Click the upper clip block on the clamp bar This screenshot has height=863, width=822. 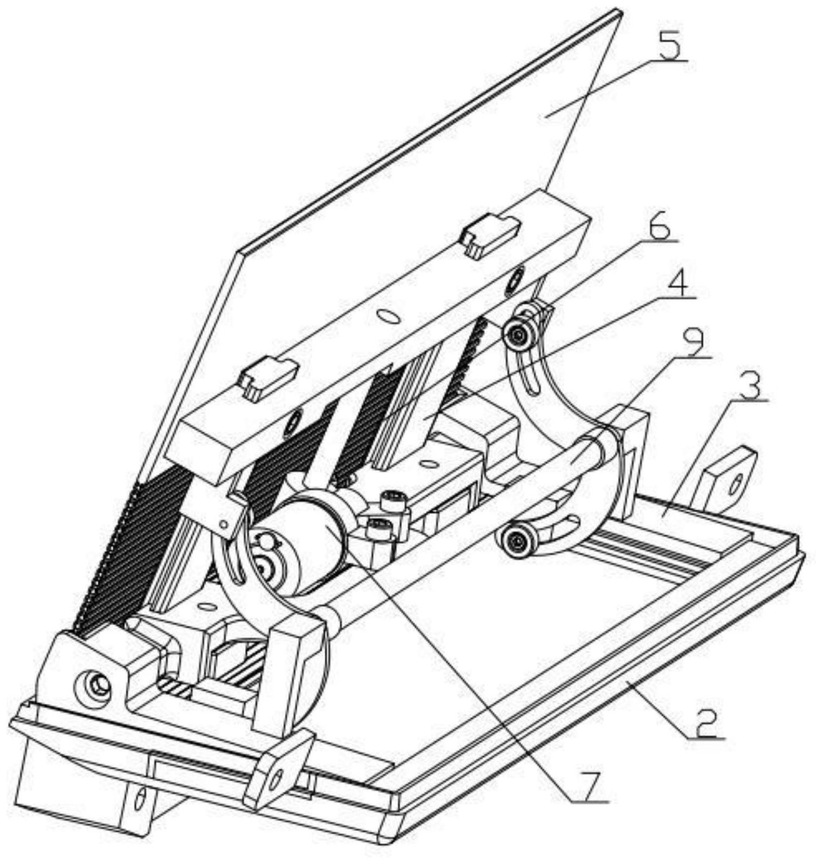pyautogui.click(x=491, y=234)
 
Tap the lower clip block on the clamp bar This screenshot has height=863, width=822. pyautogui.click(x=267, y=376)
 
